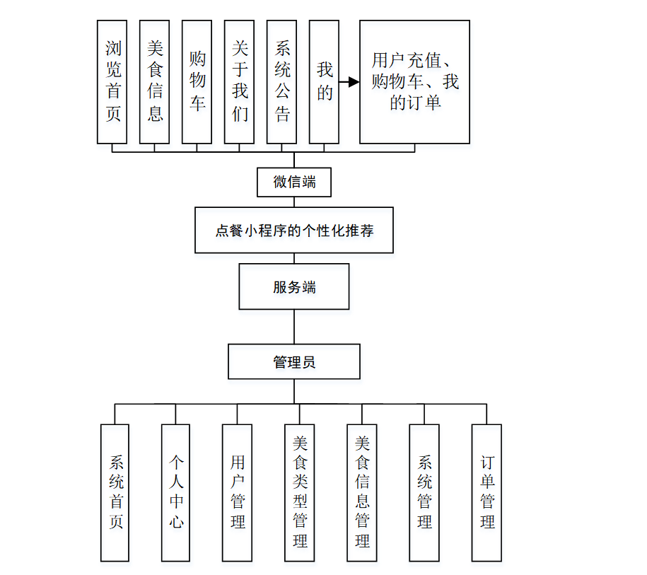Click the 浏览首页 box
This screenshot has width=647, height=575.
[x=112, y=82]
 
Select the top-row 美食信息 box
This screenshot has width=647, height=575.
[x=155, y=82]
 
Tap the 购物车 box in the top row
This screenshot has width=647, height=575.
[x=197, y=82]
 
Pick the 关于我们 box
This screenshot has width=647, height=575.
[x=240, y=82]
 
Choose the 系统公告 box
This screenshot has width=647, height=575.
[x=282, y=82]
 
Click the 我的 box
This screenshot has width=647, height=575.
[x=324, y=82]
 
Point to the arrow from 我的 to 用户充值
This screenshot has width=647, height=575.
[x=349, y=82]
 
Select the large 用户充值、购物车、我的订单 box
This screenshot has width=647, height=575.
[x=414, y=82]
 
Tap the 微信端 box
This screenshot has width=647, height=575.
[x=294, y=182]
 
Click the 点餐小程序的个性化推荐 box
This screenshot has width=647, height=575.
[x=294, y=230]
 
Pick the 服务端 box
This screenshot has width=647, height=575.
[x=294, y=286]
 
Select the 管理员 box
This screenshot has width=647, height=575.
[x=294, y=361]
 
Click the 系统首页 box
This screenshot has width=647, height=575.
[x=115, y=492]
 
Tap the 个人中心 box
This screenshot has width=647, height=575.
[x=176, y=492]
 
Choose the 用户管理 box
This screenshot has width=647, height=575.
[x=238, y=492]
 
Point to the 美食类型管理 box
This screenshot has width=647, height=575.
[x=300, y=492]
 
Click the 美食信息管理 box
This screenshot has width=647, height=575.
[x=362, y=492]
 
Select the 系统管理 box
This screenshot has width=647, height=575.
[x=424, y=492]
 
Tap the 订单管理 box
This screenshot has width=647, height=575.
[x=486, y=492]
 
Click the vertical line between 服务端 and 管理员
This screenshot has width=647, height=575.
[x=294, y=327]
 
